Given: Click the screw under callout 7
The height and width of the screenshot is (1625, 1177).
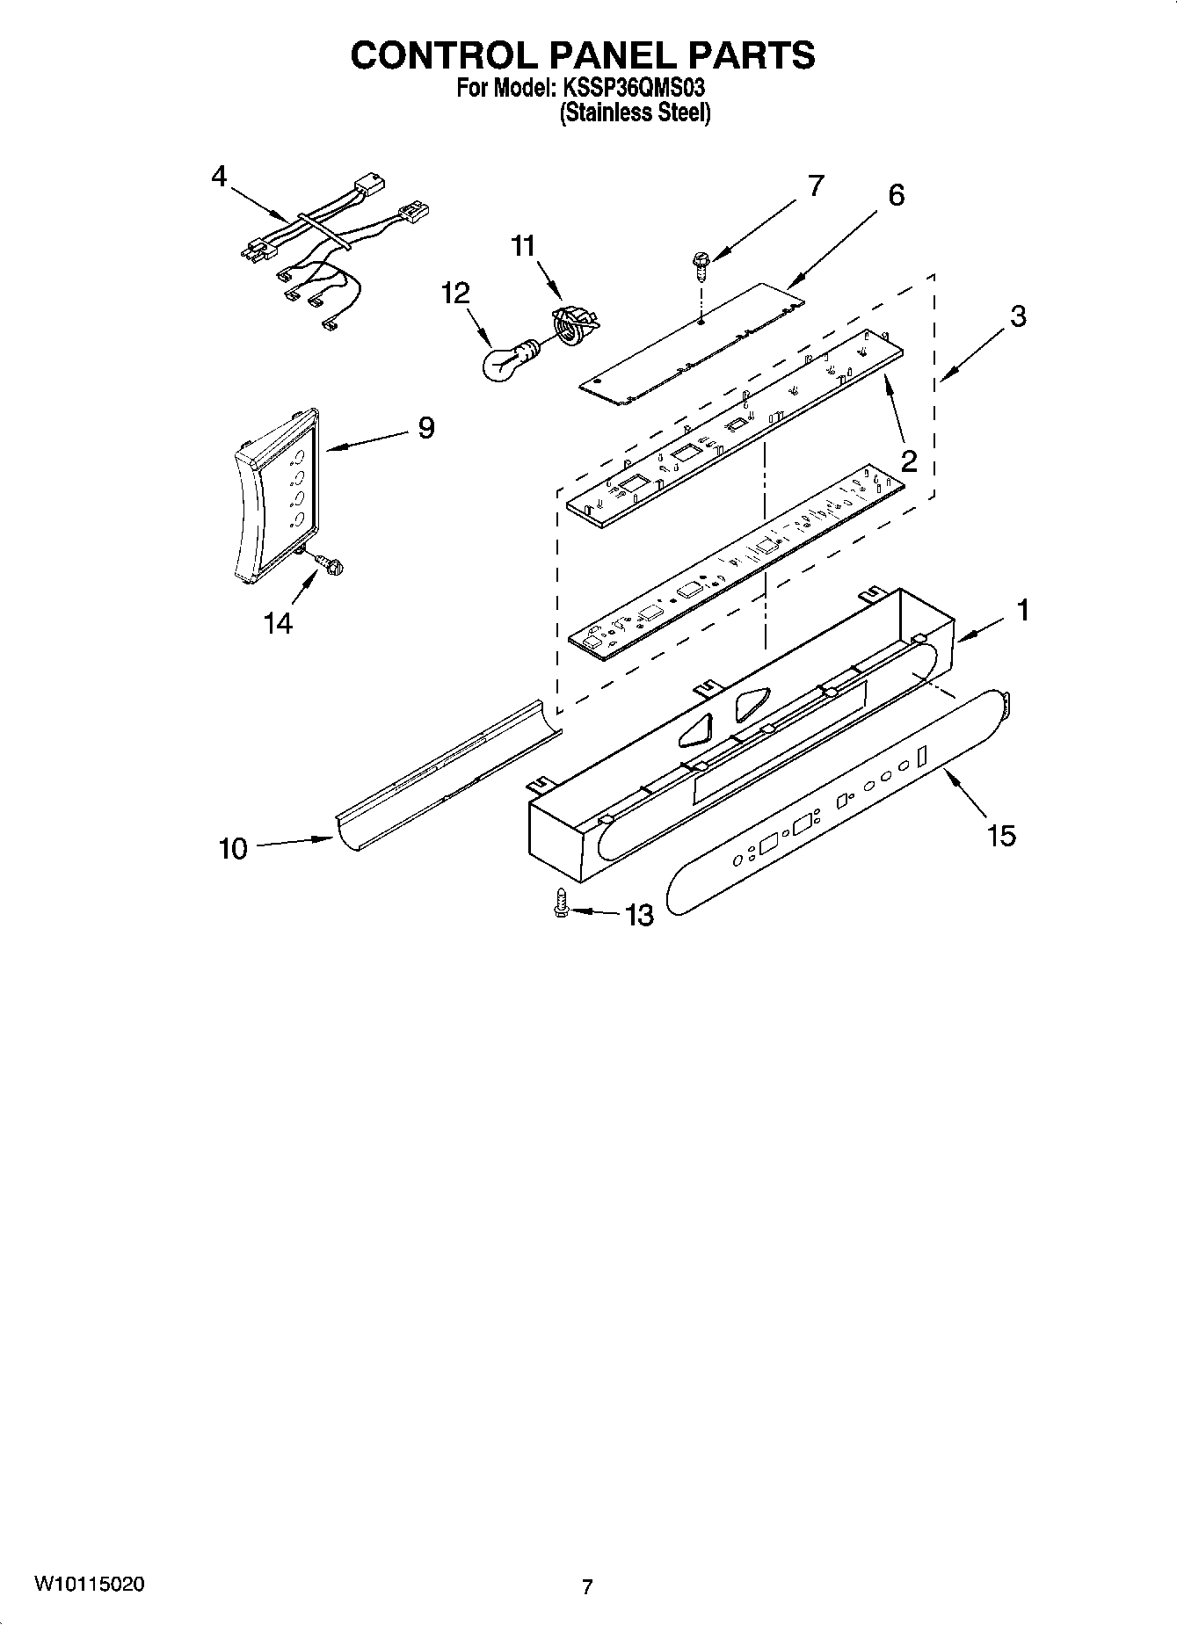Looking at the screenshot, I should pos(701,263).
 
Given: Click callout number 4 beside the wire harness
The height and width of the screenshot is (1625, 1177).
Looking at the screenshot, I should pos(219,177).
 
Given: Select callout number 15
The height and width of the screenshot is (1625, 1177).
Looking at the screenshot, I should pos(1001,836).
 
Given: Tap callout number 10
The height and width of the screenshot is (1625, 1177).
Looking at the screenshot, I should pos(233,849).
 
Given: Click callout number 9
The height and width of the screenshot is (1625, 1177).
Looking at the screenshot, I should pos(425,428).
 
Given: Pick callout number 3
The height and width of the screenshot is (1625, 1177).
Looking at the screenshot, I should pos(1017,316).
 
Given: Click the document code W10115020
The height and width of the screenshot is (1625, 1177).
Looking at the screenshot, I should pos(90,1585).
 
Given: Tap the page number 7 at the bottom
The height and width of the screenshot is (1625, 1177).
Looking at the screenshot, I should pos(586,1586).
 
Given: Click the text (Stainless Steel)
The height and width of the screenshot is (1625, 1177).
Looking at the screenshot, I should pos(635,112).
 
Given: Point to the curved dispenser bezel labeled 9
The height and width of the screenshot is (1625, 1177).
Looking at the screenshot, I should pos(274,494).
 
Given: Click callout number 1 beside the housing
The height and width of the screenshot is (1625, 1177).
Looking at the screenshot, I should pos(1022,610).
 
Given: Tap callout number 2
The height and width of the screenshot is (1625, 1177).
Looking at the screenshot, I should pos(908,461).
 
